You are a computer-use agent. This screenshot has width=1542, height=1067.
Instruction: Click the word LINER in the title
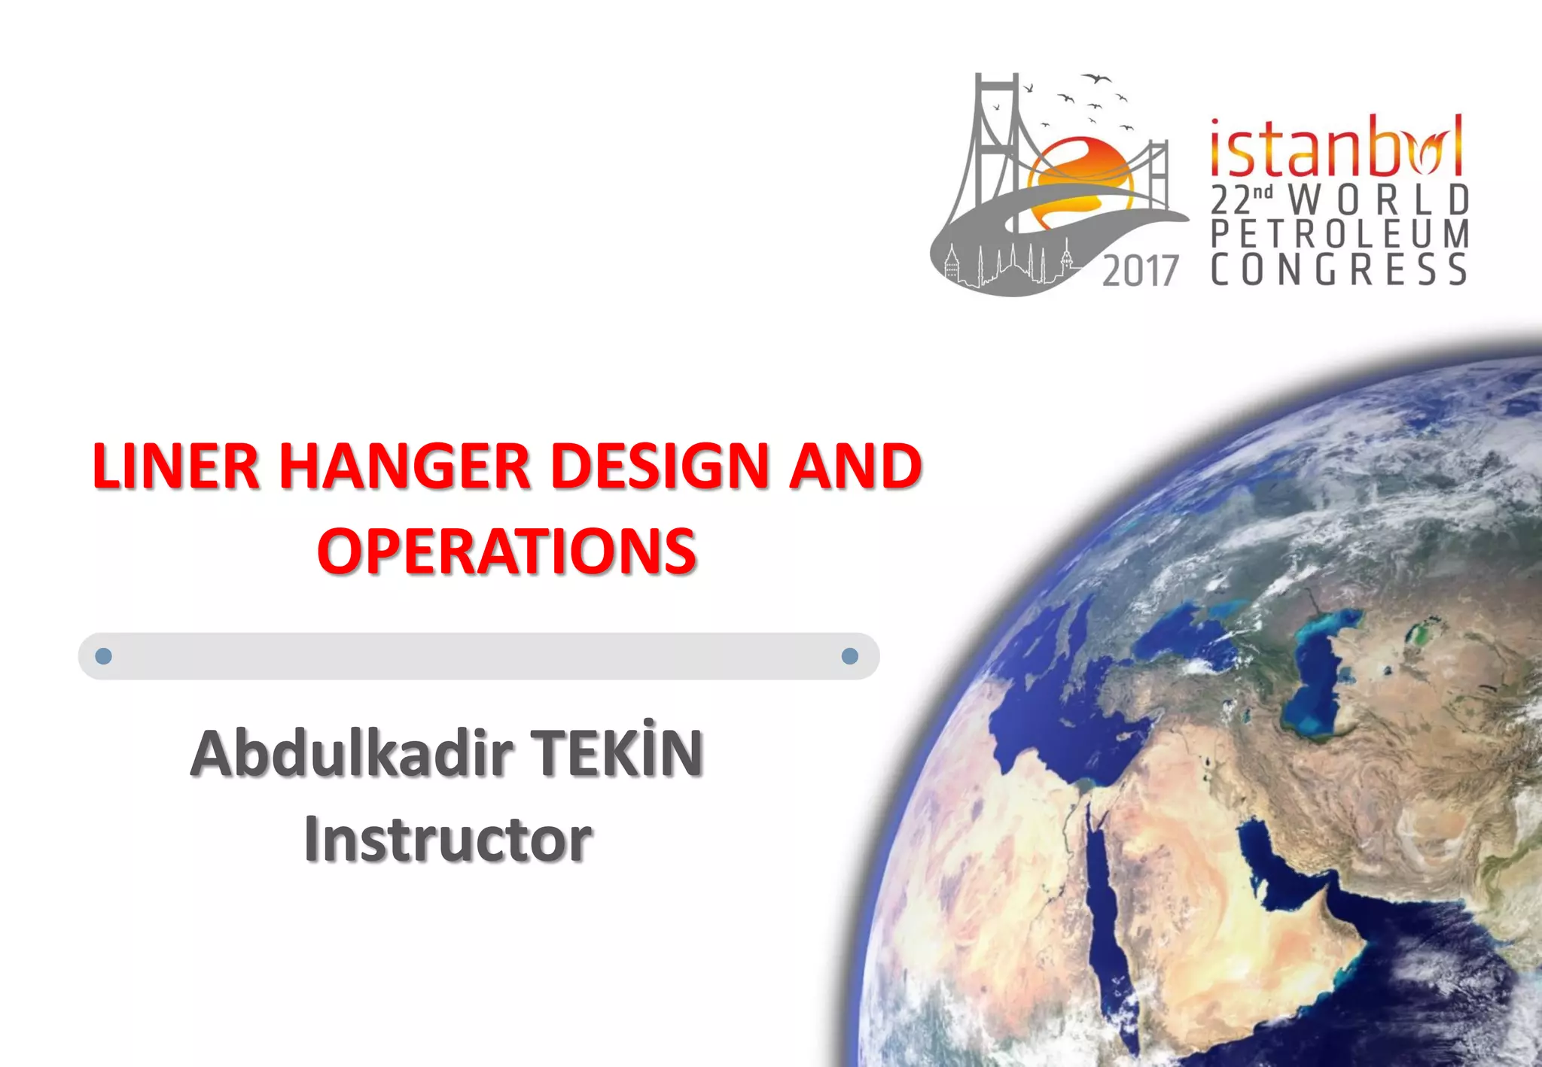coord(175,467)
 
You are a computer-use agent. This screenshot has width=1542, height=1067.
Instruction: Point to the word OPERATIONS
coord(506,551)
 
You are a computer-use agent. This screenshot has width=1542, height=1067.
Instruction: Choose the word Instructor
coord(448,838)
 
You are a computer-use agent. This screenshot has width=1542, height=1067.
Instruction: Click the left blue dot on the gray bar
coord(104,656)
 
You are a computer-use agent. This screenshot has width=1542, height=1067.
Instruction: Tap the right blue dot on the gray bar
coord(849,656)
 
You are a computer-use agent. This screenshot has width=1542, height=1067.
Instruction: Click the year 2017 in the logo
coord(1140,271)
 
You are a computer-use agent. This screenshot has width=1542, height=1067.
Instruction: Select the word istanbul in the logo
coord(1336,147)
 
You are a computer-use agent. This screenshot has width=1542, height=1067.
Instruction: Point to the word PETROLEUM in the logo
coord(1339,234)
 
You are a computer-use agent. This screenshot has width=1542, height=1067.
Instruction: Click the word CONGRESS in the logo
coord(1339,269)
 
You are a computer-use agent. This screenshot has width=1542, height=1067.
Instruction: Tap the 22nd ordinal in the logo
coord(1241,199)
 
